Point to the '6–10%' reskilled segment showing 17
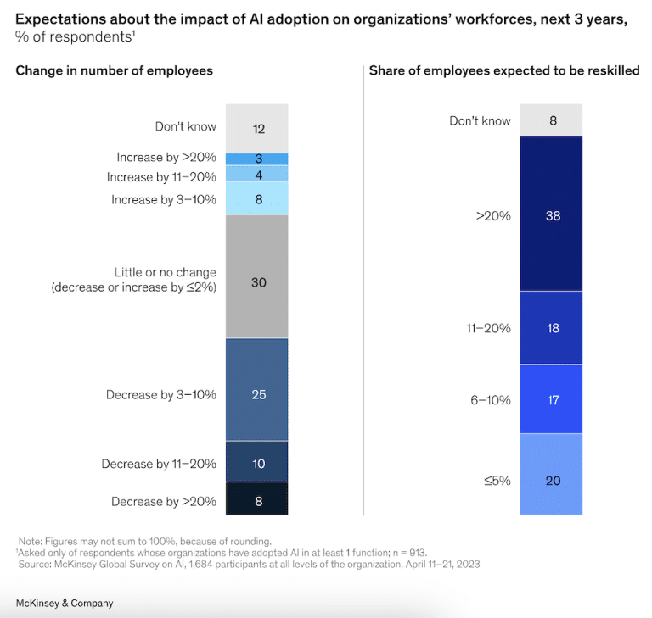click(x=552, y=398)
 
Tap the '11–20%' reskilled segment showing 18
click(x=552, y=327)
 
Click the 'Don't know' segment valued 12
click(x=257, y=128)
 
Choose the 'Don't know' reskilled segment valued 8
click(x=552, y=120)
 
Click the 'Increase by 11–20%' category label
click(x=161, y=177)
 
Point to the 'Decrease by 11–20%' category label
click(x=159, y=464)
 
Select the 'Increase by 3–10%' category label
click(x=164, y=199)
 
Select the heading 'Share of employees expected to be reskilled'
click(x=503, y=71)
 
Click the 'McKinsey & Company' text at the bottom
click(x=65, y=603)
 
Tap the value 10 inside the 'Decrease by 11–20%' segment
click(x=258, y=464)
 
